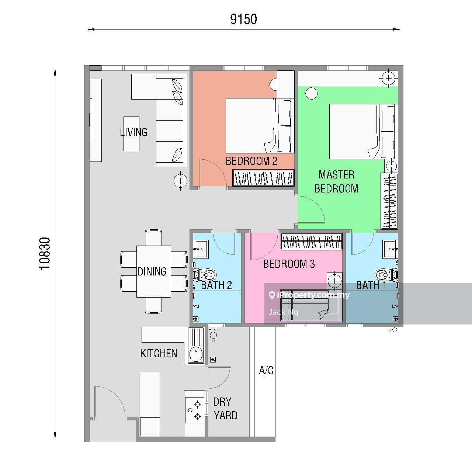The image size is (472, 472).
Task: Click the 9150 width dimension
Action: point(243,19)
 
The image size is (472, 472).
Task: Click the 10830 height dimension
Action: point(45,253)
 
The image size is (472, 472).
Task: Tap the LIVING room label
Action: point(133,132)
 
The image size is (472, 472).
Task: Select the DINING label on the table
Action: point(152,271)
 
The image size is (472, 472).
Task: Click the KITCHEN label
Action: point(159,354)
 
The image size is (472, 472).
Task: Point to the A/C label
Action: point(266,371)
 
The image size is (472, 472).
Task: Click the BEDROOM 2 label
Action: point(251,161)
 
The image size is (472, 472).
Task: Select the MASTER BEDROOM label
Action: point(336,181)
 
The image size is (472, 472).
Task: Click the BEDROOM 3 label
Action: point(289,264)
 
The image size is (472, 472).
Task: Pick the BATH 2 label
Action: point(216,285)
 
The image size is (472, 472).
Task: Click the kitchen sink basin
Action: point(196,354)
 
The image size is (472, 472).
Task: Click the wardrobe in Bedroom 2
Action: point(263,178)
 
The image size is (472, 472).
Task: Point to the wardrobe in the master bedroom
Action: point(389,201)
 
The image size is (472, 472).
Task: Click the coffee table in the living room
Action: point(132,133)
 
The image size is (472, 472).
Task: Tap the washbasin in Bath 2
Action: point(201,249)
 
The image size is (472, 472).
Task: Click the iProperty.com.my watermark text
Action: point(309,295)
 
